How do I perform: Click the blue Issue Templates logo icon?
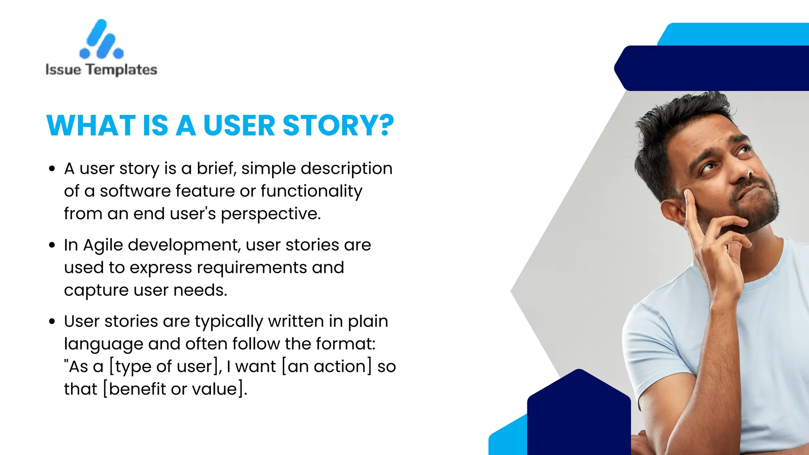(102, 39)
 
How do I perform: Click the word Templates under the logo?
(122, 70)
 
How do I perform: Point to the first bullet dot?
(52, 169)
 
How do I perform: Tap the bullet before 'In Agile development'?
(52, 245)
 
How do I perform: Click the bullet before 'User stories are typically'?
(52, 322)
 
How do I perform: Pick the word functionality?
(311, 192)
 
